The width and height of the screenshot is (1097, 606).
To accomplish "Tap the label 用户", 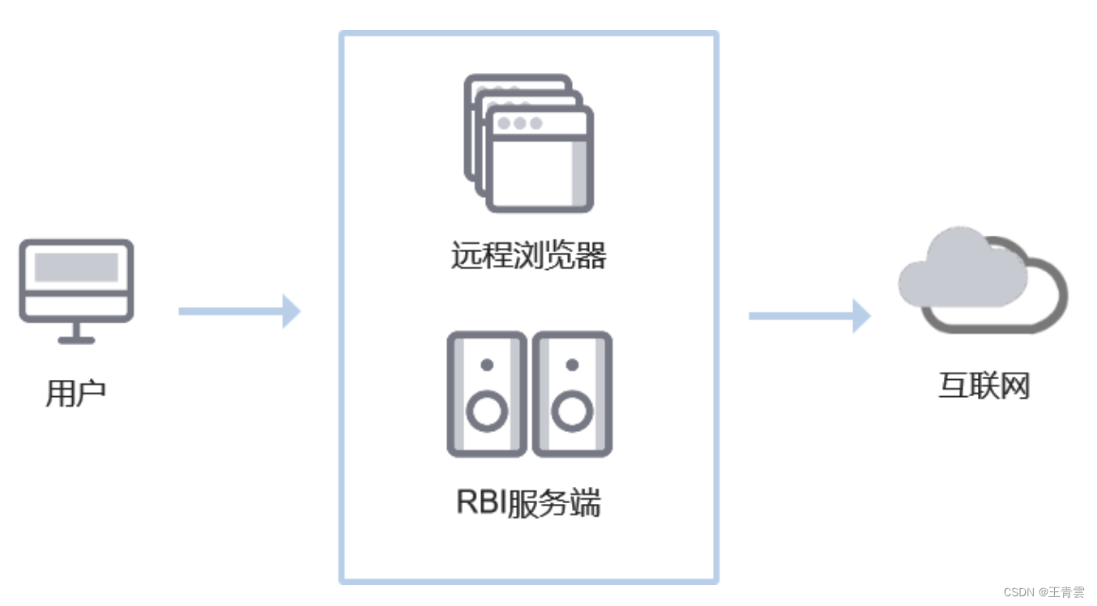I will [x=76, y=394].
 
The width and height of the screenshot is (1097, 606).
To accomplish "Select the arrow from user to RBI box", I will [x=239, y=311].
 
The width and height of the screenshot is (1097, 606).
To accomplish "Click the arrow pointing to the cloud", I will [x=809, y=315].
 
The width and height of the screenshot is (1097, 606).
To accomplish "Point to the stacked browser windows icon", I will [x=528, y=143].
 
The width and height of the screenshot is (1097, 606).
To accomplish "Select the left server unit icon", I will [x=486, y=394].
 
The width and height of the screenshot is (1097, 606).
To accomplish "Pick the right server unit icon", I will [x=572, y=394].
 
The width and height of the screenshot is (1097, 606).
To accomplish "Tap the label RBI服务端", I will [x=528, y=503].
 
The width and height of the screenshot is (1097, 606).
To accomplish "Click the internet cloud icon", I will [x=982, y=280].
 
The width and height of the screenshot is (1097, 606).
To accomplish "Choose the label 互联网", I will [x=984, y=386].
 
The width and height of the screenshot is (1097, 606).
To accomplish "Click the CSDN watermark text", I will [x=1044, y=592].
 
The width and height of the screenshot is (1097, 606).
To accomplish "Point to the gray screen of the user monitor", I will [x=76, y=267].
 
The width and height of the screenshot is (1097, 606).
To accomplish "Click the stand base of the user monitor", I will [x=76, y=339].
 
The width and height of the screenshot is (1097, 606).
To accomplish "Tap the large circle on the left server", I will [x=486, y=412].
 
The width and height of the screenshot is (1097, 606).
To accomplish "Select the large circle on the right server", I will [x=572, y=412].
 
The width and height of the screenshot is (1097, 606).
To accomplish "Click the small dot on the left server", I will [x=486, y=365].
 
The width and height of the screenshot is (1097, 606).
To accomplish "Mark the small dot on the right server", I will [x=572, y=365].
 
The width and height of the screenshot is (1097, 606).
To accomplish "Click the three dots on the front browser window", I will [x=519, y=123].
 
